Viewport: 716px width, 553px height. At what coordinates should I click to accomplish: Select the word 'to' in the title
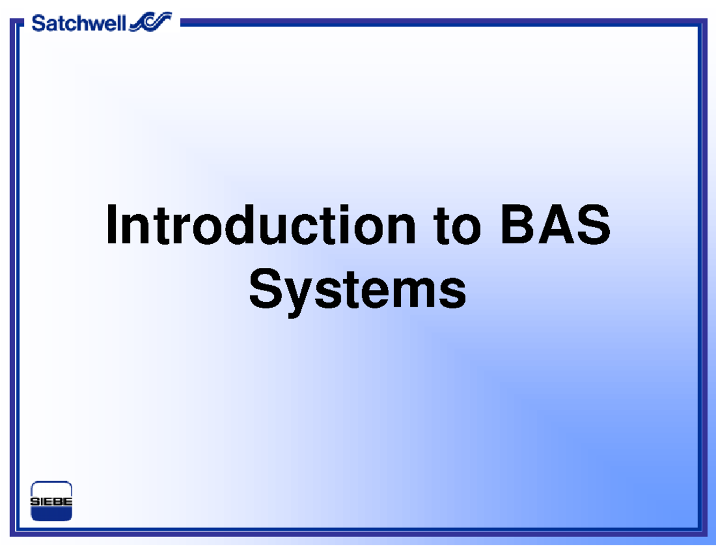pos(457,225)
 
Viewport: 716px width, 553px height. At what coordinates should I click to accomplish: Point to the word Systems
pos(357,291)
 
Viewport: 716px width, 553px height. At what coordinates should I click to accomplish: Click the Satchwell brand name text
pos(79,24)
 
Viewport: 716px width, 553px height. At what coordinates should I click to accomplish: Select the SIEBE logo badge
pos(51,502)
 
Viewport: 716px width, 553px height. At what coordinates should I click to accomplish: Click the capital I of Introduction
pos(111,225)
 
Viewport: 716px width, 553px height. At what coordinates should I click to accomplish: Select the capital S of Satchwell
pos(38,24)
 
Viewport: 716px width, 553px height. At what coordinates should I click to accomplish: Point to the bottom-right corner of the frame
pos(698,533)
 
